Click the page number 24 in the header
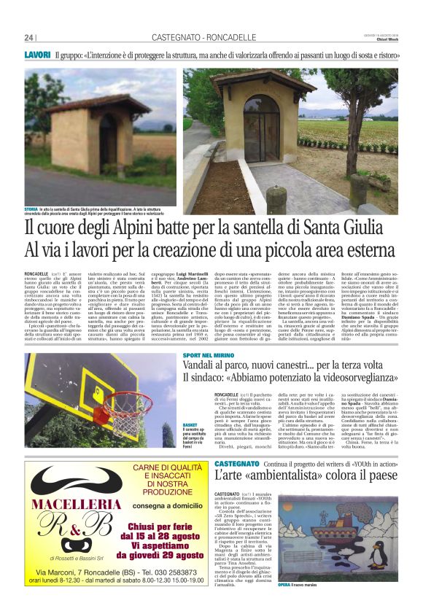pos(28,38)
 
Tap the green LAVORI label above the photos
pos(36,55)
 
